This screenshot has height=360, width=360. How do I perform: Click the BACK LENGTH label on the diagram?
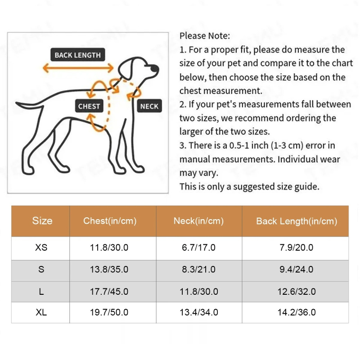(x=77, y=54)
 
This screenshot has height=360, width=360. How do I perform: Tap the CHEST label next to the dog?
(x=89, y=106)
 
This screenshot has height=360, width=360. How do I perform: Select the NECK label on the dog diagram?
(x=149, y=106)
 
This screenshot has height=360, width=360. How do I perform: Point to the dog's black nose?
(x=154, y=68)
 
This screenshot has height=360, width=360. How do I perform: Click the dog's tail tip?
(x=17, y=103)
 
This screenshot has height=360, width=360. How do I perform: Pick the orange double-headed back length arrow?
(x=78, y=68)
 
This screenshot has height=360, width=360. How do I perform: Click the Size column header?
(x=42, y=220)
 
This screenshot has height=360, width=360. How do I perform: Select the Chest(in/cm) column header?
(x=110, y=221)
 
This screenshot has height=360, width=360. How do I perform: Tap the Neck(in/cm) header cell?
(x=198, y=221)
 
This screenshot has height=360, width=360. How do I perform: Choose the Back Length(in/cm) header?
(x=297, y=221)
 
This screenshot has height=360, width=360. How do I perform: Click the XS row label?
(x=41, y=247)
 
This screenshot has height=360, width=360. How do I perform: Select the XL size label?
(x=41, y=312)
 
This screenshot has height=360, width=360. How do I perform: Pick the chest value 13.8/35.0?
(x=109, y=269)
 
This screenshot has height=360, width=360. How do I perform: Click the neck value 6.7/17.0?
(x=198, y=247)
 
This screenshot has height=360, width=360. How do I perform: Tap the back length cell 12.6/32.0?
(x=297, y=292)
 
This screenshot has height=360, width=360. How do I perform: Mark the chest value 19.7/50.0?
(x=109, y=312)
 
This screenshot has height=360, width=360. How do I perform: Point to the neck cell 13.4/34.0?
(x=199, y=312)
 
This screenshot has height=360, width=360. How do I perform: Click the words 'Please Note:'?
(x=205, y=36)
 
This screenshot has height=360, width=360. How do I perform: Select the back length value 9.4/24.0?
(x=297, y=269)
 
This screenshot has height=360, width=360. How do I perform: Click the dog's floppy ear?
(x=126, y=69)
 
